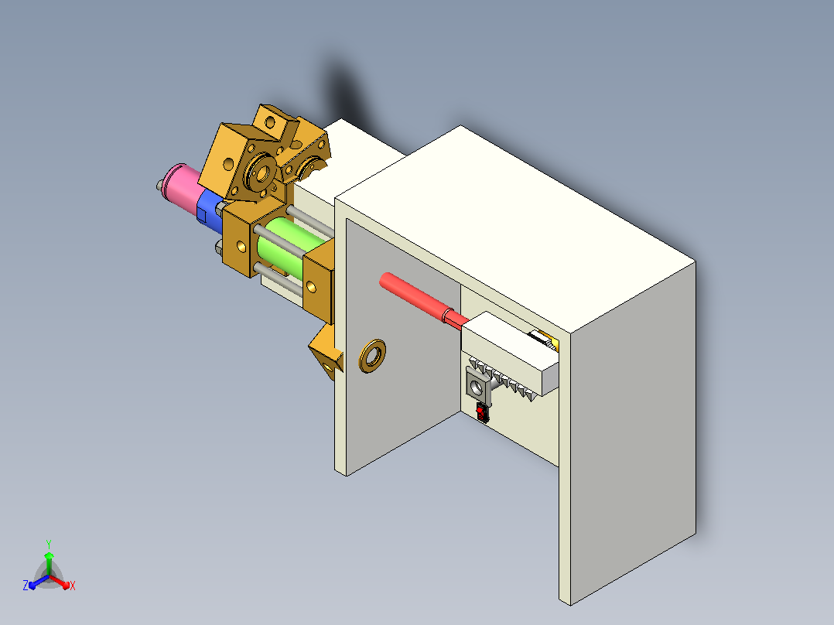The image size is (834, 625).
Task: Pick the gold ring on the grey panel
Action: [x=372, y=357]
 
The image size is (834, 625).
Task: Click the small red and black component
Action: [x=483, y=413]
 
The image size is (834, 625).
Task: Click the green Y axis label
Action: [x=49, y=544]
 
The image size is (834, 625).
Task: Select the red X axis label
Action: [x=73, y=586]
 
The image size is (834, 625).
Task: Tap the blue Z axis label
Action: [x=25, y=586]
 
